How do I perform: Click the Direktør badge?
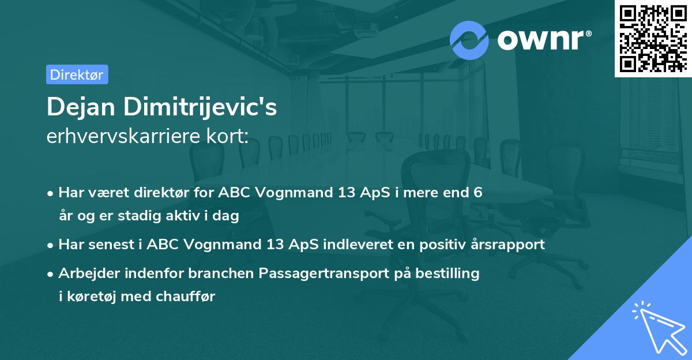[x=77, y=74]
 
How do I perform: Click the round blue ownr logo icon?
[x=469, y=40]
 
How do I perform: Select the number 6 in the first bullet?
[x=477, y=193]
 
